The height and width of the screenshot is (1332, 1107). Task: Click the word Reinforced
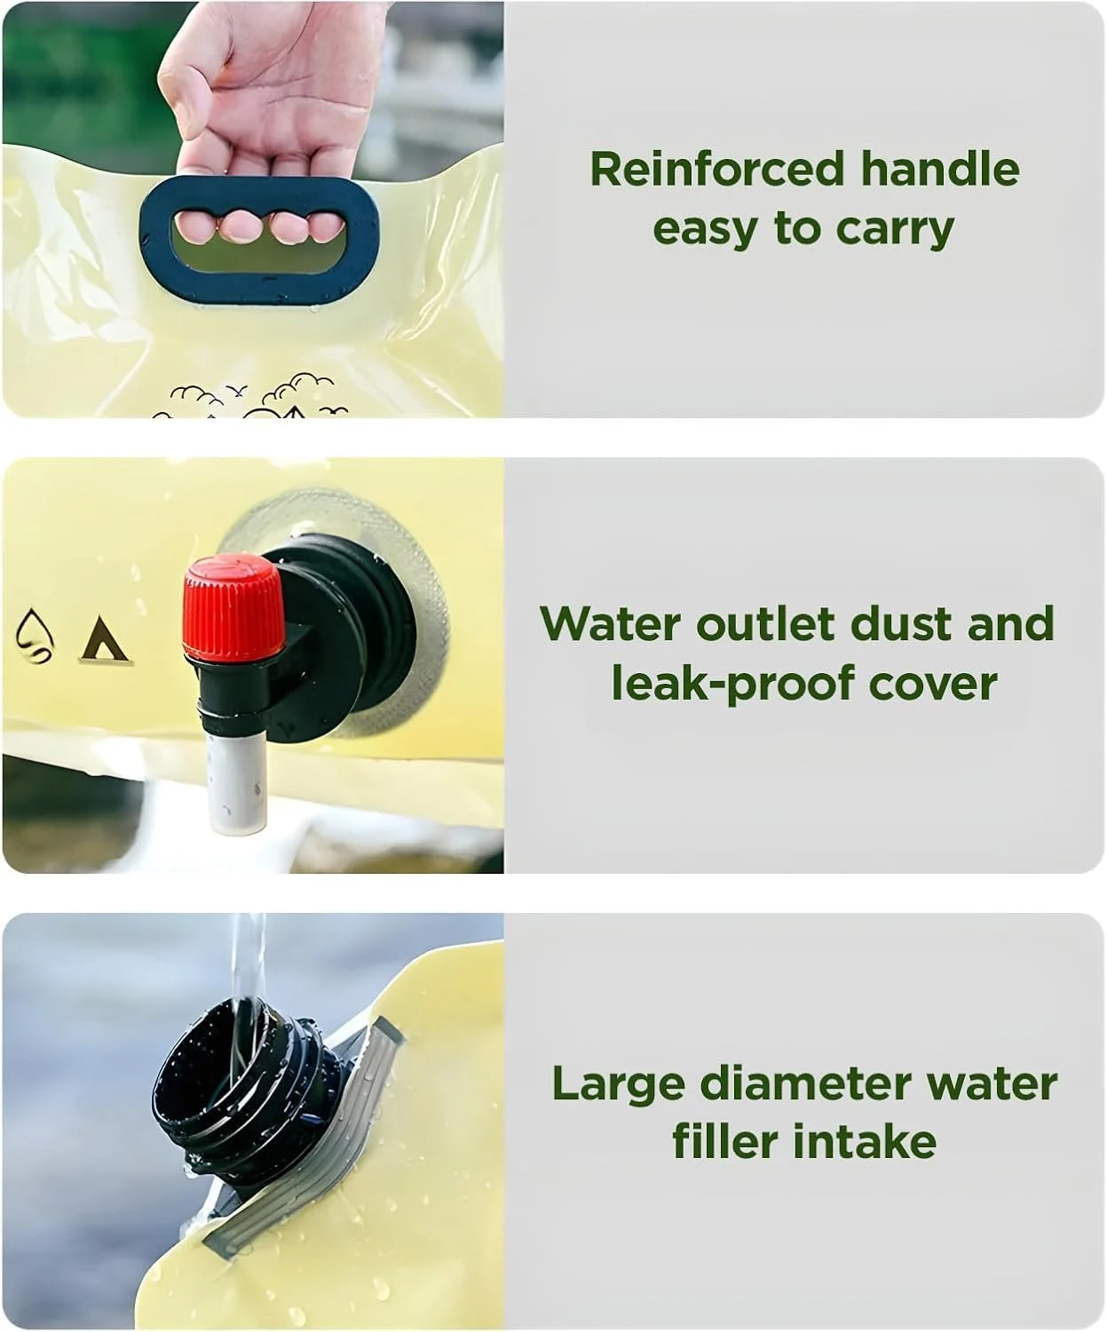coord(717,169)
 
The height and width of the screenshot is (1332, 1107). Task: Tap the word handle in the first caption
coord(940,169)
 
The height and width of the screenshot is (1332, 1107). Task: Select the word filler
coord(725,1142)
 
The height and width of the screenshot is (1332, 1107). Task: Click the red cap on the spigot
coord(233,607)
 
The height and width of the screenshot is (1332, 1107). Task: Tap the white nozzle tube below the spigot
coord(237,781)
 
